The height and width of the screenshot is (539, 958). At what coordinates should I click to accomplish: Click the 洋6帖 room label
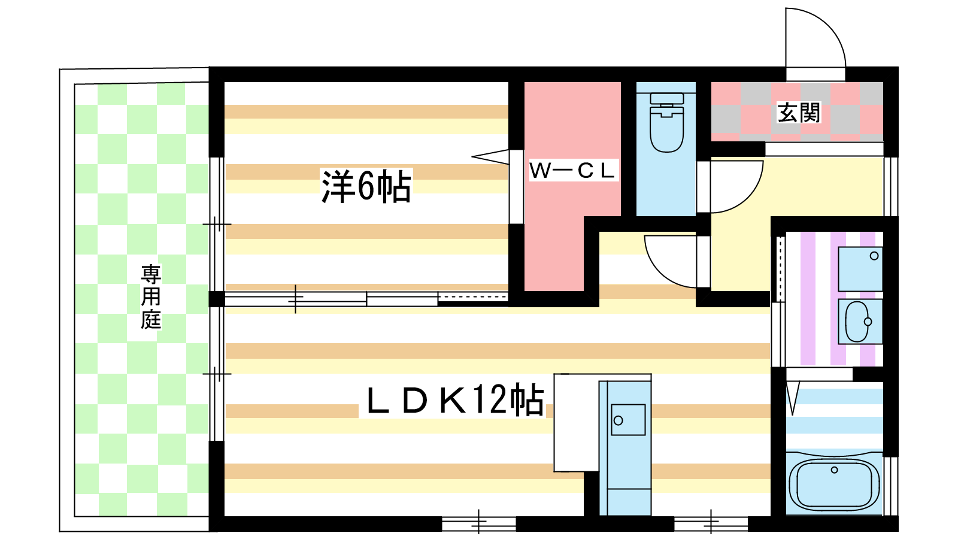click(x=366, y=186)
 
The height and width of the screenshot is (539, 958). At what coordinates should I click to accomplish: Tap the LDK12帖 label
click(x=455, y=399)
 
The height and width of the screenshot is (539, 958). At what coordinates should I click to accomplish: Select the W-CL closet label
click(x=572, y=170)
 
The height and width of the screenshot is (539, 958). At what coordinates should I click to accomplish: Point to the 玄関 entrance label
click(x=799, y=113)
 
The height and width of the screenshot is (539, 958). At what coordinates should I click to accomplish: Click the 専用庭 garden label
click(x=151, y=297)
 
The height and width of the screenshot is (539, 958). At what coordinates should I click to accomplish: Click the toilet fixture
click(x=666, y=123)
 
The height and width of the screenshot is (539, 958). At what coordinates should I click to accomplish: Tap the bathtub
click(x=834, y=483)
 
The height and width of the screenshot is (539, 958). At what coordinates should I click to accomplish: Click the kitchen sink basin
click(x=628, y=420)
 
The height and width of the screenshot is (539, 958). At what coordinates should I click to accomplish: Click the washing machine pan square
click(x=860, y=269)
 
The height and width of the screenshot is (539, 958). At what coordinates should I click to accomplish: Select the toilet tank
click(x=667, y=99)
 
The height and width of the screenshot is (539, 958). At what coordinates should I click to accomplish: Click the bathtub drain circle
click(x=835, y=470)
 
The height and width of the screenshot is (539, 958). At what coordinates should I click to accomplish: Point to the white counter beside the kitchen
click(x=576, y=423)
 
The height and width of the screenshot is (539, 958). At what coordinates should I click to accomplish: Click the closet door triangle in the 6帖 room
click(x=490, y=156)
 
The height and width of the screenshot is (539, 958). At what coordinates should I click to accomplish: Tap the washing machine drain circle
click(x=874, y=256)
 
